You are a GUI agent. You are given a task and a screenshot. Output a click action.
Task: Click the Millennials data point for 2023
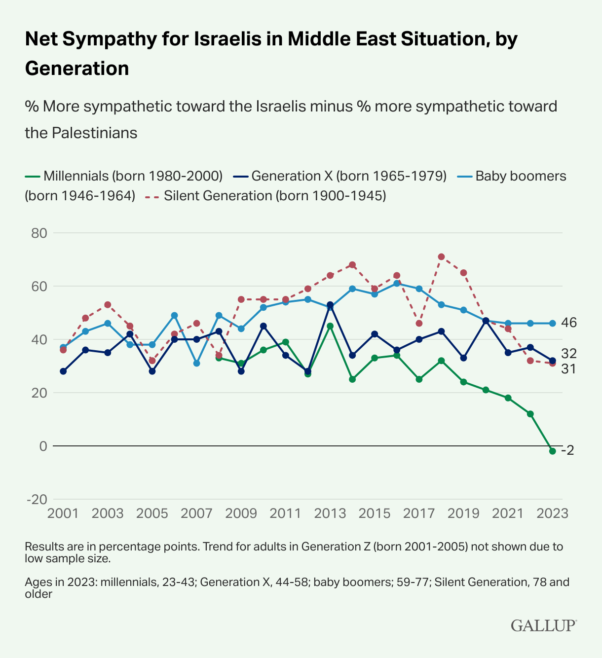tap(553, 451)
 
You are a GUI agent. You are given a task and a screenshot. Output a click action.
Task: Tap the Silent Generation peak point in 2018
tap(441, 256)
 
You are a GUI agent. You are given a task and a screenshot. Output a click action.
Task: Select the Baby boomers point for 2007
tap(196, 363)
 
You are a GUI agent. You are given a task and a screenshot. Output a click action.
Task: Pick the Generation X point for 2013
tap(330, 305)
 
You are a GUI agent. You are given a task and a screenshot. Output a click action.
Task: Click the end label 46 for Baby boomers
tap(569, 323)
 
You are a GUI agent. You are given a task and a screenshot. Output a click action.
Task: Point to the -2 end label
tap(567, 450)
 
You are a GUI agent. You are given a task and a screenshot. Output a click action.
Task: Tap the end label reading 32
tap(569, 353)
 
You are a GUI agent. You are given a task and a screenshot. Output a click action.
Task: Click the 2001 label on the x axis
tap(63, 513)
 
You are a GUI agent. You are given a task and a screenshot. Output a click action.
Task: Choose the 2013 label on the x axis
tap(330, 513)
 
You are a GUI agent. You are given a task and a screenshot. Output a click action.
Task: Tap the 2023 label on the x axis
tap(553, 513)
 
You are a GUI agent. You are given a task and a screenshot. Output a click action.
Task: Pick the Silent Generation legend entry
tap(266, 196)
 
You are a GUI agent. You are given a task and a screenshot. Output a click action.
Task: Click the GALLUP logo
tap(543, 625)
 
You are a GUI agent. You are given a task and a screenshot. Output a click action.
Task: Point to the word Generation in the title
tap(77, 68)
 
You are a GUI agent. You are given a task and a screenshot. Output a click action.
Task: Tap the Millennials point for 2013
tap(330, 326)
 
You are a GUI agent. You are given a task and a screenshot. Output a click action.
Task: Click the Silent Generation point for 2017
tap(419, 324)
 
